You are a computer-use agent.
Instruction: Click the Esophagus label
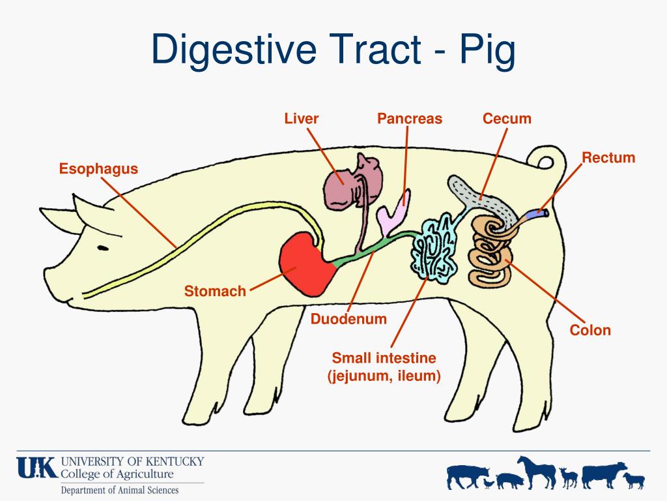click(99, 169)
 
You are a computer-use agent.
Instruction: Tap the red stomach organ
click(305, 264)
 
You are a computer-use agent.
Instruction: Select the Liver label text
click(301, 119)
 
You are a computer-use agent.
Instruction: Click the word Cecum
click(507, 119)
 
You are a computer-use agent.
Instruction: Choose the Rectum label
click(608, 158)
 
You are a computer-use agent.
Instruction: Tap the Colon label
click(590, 329)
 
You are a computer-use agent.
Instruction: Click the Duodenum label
click(348, 318)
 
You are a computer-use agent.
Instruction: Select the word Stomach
click(215, 291)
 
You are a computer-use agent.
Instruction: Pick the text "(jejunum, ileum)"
click(384, 376)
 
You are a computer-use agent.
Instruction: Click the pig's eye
click(103, 247)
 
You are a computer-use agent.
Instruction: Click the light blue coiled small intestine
click(433, 249)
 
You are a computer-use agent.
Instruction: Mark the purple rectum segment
click(537, 214)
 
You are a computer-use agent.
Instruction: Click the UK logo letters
click(37, 468)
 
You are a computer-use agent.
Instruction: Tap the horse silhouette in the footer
click(537, 472)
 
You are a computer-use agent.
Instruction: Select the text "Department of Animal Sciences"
click(120, 491)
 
